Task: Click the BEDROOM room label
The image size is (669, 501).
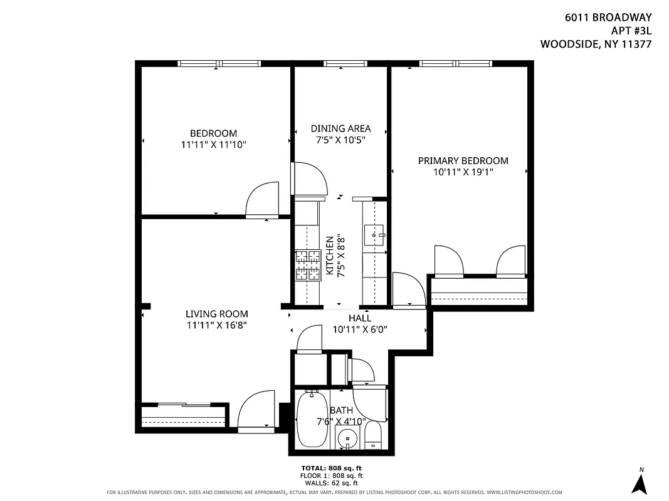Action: (x=213, y=133)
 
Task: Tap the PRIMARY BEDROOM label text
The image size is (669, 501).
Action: (x=463, y=161)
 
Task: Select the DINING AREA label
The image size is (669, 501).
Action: (x=340, y=128)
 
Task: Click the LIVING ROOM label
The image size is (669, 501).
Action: (x=216, y=314)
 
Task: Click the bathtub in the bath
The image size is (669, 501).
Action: (x=312, y=418)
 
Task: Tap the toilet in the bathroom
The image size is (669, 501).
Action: (x=374, y=436)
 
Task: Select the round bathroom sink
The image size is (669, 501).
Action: (x=346, y=439)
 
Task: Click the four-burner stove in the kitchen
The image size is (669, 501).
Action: (x=308, y=265)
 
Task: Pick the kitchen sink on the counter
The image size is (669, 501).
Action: (x=375, y=235)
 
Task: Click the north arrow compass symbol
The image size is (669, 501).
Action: (x=640, y=482)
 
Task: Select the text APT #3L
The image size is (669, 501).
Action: (x=631, y=31)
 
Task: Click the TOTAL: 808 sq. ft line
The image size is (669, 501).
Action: (x=332, y=468)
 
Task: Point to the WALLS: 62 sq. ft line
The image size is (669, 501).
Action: (x=332, y=483)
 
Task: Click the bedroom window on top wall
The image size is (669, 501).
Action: (x=219, y=63)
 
